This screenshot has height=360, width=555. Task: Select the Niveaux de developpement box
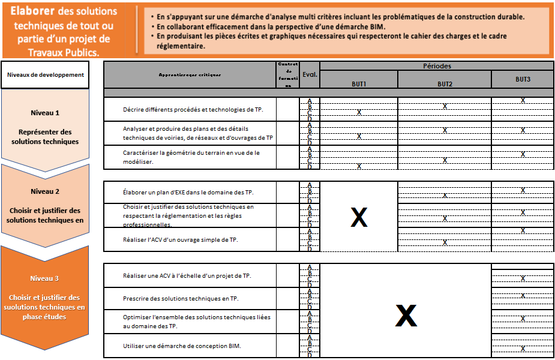45,75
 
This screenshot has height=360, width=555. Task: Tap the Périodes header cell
437,66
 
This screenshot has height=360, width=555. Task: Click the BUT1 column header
359,83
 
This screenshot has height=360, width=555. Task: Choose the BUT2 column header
445,83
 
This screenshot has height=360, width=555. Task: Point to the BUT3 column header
523,79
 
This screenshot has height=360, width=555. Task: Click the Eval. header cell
310,74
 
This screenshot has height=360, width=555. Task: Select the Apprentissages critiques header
190,75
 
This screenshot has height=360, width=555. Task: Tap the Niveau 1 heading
45,113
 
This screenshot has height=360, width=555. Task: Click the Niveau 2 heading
45,191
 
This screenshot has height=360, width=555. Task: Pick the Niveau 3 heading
45,278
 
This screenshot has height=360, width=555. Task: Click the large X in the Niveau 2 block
359,218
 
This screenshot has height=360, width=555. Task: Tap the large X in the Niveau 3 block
406,316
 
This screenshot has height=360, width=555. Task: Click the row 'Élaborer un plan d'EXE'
188,193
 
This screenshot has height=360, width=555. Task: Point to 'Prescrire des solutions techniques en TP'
180,298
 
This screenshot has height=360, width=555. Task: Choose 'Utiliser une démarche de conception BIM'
182,346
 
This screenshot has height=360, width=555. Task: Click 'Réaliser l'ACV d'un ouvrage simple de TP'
180,240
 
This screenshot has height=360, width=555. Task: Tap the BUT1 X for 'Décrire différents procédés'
359,112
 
